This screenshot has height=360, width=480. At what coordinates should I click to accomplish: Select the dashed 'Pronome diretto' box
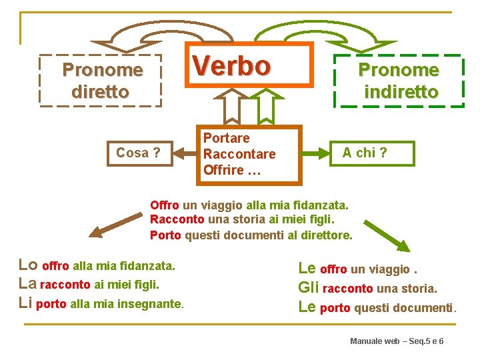coord(101,81)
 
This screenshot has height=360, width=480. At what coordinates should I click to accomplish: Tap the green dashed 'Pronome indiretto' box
coord(399,81)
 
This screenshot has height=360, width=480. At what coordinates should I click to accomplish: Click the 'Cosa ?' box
coord(138,153)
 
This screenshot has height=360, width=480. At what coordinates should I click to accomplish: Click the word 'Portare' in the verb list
coord(227,138)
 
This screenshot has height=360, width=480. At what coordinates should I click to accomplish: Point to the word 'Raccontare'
coord(239,154)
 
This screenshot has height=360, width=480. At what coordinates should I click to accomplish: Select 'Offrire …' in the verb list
coord(231,170)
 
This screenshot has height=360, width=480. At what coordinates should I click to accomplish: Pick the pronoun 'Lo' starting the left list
coord(29,265)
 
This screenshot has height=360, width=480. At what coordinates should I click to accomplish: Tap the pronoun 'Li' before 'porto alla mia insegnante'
coord(25,303)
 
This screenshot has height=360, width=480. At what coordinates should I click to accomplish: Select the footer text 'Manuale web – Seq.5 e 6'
coord(397,341)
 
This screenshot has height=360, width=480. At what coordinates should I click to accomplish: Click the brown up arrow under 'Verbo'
coord(231,106)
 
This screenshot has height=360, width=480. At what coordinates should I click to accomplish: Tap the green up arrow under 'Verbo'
coord(265,106)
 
